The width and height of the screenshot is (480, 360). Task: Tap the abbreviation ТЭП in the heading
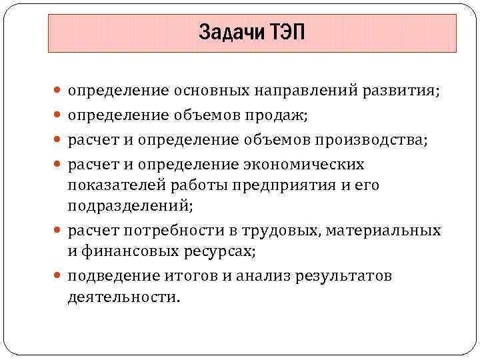point(287,32)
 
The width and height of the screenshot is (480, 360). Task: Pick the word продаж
point(279,115)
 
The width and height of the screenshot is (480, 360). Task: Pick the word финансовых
point(131,251)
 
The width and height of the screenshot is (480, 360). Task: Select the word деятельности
point(123,297)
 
